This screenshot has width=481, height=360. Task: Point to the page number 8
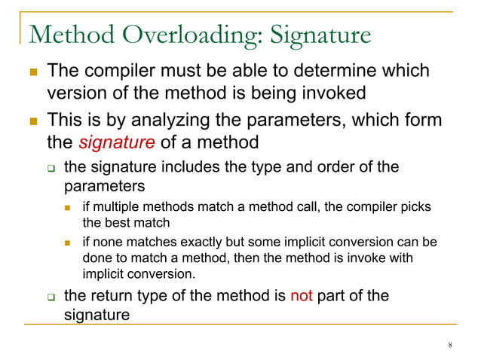[449, 346]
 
